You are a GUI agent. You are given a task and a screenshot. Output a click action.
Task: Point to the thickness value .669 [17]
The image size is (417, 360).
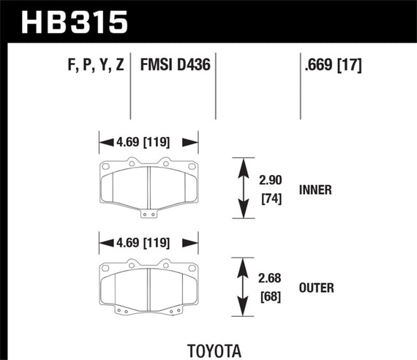(x=333, y=66)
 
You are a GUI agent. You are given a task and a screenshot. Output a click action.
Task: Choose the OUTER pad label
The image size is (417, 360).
(x=316, y=288)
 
